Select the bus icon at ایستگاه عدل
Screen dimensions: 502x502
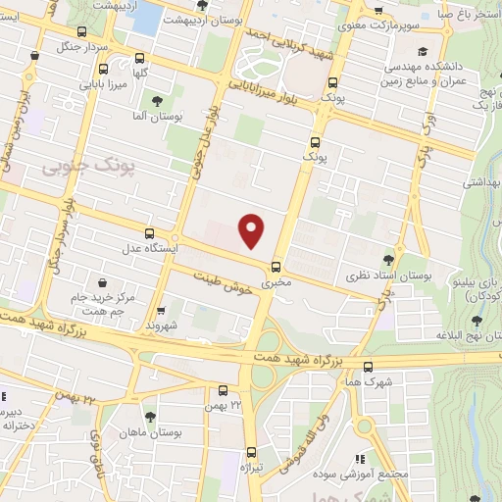point(149,234)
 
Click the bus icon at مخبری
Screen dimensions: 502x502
point(275,266)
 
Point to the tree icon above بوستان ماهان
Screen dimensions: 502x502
point(149,417)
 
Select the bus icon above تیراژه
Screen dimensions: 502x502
point(252,452)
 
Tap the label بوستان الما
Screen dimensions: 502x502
point(158,116)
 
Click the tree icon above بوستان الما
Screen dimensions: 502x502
point(157,99)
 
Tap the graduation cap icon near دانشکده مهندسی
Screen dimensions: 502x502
point(422,51)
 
